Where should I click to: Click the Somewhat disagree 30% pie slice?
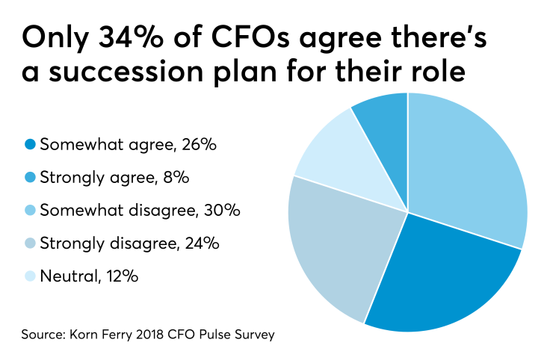[x=467, y=164]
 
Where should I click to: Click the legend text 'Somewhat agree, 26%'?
[x=128, y=145]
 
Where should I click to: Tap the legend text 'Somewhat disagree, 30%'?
[x=139, y=211]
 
